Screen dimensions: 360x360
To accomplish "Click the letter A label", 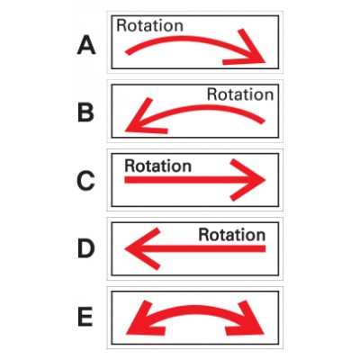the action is click(x=86, y=45).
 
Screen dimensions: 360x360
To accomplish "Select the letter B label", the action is click(x=85, y=112).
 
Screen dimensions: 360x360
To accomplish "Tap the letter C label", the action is click(x=85, y=181).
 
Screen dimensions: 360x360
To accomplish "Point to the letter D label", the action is click(x=86, y=248).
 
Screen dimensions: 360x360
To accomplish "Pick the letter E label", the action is click(x=85, y=318).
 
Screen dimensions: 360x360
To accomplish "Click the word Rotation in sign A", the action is click(x=149, y=25).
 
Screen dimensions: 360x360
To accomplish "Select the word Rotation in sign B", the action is click(x=240, y=94).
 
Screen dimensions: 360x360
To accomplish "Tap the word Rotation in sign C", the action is click(x=157, y=166).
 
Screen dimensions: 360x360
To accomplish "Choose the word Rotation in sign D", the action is click(x=232, y=235).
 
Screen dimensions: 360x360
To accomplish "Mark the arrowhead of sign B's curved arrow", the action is click(x=141, y=120).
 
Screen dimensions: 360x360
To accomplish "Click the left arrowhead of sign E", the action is click(x=143, y=320).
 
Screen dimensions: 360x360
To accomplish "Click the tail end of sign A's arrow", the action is click(x=127, y=53).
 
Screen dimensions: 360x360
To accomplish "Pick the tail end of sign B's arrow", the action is click(x=263, y=121).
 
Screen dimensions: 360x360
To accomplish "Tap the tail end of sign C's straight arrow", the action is click(x=125, y=180).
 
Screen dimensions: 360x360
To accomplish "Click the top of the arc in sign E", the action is click(x=195, y=310).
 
